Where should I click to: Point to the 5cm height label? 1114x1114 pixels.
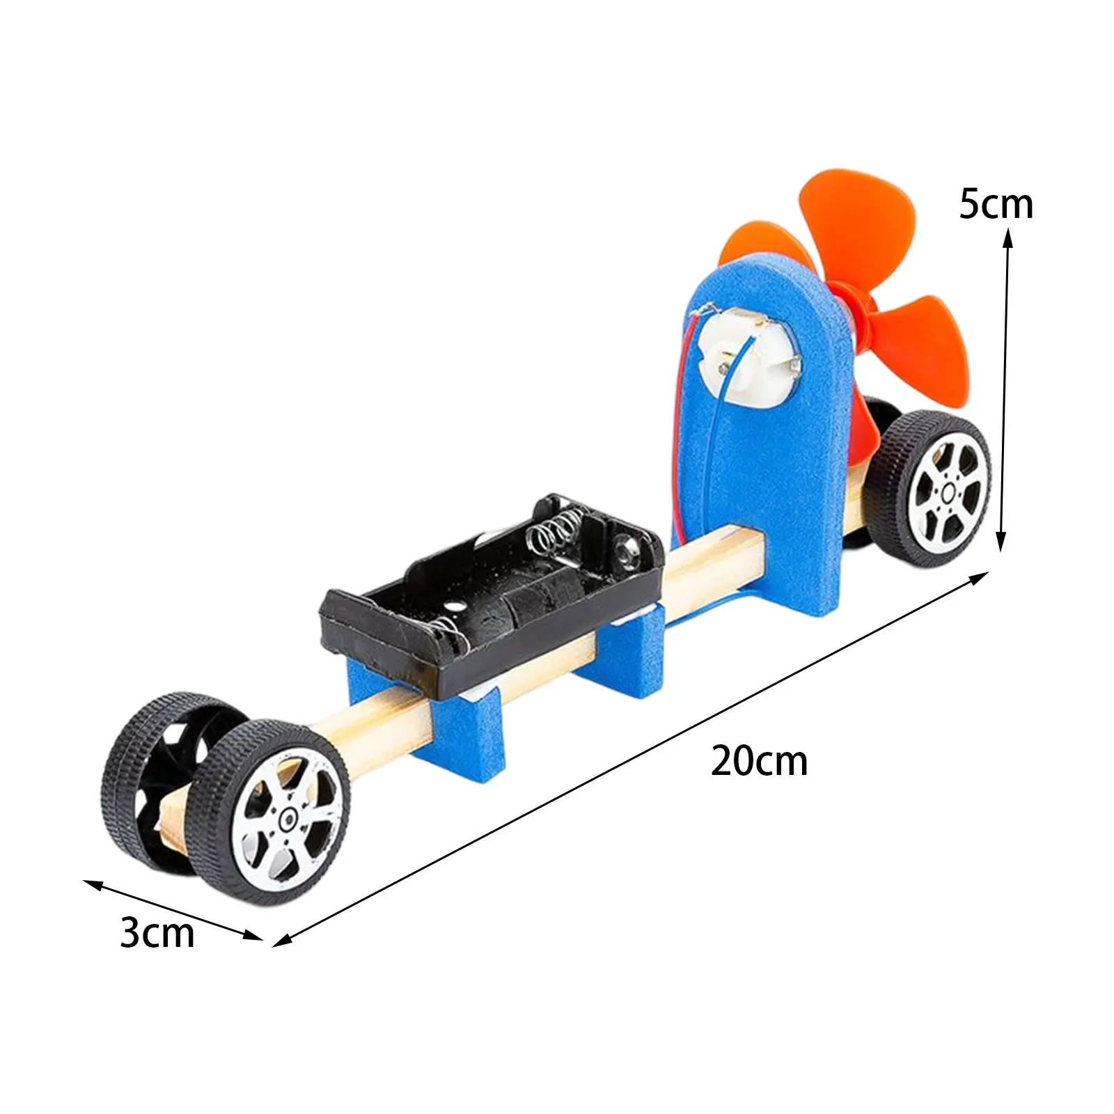point(996,204)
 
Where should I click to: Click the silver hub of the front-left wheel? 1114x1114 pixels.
point(288,822)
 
